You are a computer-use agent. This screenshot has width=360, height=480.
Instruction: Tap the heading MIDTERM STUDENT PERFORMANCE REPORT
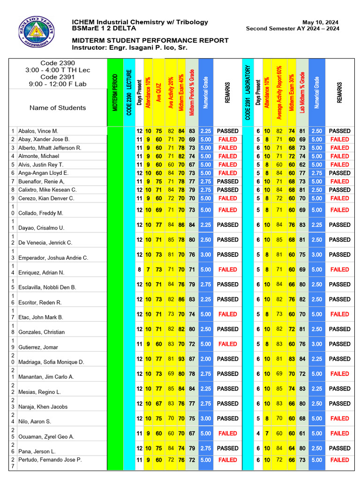click(150, 41)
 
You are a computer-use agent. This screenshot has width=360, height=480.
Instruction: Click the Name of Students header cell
click(58, 108)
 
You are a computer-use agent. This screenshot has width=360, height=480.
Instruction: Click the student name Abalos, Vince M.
click(38, 131)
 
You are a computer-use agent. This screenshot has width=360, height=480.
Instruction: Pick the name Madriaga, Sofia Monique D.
click(51, 362)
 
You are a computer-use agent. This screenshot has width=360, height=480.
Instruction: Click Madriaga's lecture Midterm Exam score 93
click(181, 359)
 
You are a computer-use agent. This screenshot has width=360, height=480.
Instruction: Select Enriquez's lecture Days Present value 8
click(139, 270)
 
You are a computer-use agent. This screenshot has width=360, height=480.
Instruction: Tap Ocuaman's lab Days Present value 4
click(258, 434)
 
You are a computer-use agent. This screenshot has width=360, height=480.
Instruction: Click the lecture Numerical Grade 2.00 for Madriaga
click(205, 359)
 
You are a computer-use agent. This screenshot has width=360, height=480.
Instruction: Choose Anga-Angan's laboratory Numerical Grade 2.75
click(317, 173)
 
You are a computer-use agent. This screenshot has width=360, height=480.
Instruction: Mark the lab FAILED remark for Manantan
click(339, 374)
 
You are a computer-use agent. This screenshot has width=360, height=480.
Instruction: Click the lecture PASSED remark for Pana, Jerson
click(228, 449)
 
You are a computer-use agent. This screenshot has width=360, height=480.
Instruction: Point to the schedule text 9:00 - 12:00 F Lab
click(58, 85)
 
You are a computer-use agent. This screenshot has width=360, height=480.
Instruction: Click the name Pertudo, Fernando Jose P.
click(50, 460)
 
